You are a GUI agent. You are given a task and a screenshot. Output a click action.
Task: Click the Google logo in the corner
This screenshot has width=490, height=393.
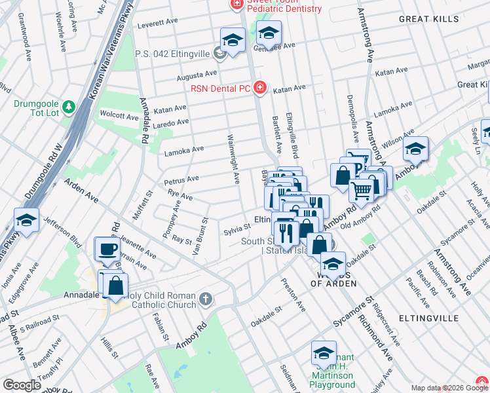pyautogui.click(x=22, y=385)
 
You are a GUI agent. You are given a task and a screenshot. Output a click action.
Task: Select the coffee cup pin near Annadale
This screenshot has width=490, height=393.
pyautogui.click(x=107, y=249)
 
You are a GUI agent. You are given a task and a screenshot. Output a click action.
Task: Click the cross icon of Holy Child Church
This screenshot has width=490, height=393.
pyautogui.click(x=205, y=299)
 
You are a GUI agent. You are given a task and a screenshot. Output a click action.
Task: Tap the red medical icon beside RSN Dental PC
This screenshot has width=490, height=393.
pyautogui.click(x=260, y=88)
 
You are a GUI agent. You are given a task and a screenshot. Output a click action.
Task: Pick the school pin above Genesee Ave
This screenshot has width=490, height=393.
pyautogui.click(x=269, y=33)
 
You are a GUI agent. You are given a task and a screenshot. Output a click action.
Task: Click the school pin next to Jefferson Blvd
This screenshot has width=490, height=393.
pyautogui.click(x=26, y=220)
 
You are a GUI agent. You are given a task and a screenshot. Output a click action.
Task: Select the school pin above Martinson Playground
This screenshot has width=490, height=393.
pyautogui.click(x=324, y=353)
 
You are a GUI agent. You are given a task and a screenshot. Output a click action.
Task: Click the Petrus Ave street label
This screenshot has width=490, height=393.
pyautogui.click(x=183, y=179)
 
